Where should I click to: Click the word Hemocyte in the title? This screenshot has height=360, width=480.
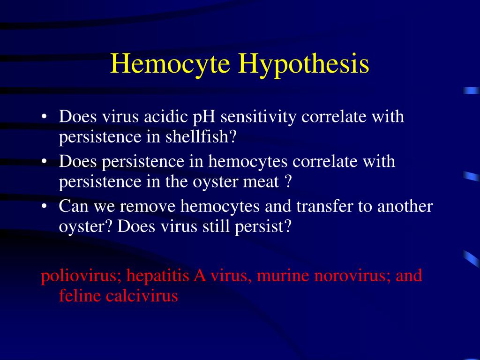pyautogui.click(x=170, y=64)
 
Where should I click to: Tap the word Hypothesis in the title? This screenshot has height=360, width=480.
pyautogui.click(x=303, y=65)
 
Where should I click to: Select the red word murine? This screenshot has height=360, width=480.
pyautogui.click(x=276, y=276)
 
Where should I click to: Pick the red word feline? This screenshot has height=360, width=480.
pyautogui.click(x=80, y=296)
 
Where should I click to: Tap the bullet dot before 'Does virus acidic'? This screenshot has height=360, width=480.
pyautogui.click(x=44, y=117)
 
